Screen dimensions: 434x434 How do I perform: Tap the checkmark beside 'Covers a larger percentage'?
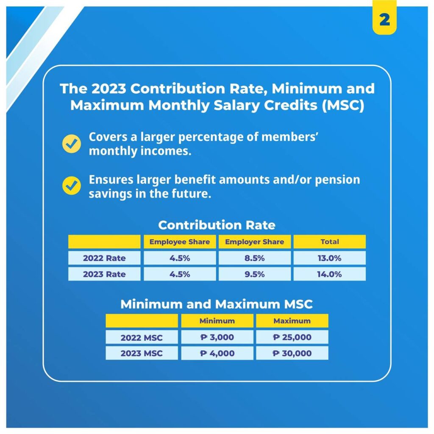click(x=72, y=144)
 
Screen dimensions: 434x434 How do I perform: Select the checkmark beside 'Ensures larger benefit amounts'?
click(x=72, y=186)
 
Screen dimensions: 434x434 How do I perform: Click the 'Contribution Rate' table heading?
click(x=217, y=225)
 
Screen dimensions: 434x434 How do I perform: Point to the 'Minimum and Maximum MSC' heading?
click(x=217, y=304)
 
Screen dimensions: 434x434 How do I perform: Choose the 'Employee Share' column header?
click(x=180, y=242)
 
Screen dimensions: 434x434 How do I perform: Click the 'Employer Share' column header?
click(x=255, y=242)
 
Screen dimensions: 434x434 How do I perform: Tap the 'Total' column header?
click(x=329, y=242)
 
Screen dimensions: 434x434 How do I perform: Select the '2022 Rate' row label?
click(x=104, y=258)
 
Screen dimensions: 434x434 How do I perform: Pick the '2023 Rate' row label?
click(x=104, y=274)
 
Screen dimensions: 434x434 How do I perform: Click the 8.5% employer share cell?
click(x=255, y=258)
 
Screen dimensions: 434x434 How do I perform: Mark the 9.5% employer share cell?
click(x=255, y=274)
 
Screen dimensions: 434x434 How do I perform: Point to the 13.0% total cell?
click(x=329, y=258)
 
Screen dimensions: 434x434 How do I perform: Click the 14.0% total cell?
click(x=329, y=274)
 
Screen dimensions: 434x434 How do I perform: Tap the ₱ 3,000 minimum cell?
click(x=217, y=337)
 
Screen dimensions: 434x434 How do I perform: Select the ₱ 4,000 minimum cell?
click(x=217, y=353)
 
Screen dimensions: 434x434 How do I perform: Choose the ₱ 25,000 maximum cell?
click(x=292, y=337)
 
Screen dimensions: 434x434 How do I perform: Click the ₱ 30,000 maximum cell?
click(x=292, y=353)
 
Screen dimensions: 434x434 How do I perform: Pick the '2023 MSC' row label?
click(x=142, y=353)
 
